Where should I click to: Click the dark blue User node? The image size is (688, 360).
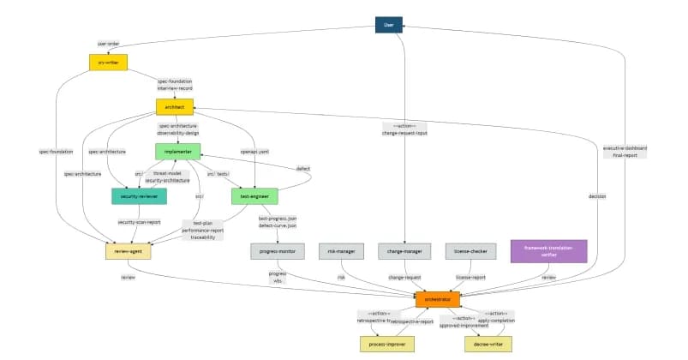pyautogui.click(x=388, y=25)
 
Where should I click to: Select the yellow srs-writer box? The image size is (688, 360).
pyautogui.click(x=108, y=62)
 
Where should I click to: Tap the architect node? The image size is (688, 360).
pyautogui.click(x=174, y=106)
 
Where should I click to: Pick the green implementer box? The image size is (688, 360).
pyautogui.click(x=177, y=151)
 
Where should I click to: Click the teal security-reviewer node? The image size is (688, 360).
pyautogui.click(x=139, y=196)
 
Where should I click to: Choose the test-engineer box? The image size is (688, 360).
pyautogui.click(x=254, y=196)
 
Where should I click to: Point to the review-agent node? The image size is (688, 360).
pyautogui.click(x=128, y=251)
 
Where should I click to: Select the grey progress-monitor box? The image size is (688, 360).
pyautogui.click(x=278, y=251)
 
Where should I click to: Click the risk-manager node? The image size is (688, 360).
pyautogui.click(x=341, y=251)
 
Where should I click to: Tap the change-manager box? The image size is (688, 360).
pyautogui.click(x=404, y=251)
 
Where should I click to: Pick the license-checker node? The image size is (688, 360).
pyautogui.click(x=470, y=251)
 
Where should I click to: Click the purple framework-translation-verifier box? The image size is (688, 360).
pyautogui.click(x=549, y=250)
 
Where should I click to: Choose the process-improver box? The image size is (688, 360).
pyautogui.click(x=386, y=344)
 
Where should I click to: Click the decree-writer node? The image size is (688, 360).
pyautogui.click(x=488, y=344)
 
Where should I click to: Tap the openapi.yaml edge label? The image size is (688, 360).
pyautogui.click(x=254, y=151)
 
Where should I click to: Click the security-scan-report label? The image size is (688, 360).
pyautogui.click(x=139, y=222)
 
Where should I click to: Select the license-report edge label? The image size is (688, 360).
pyautogui.click(x=470, y=277)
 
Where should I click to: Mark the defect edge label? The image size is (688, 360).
pyautogui.click(x=302, y=168)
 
